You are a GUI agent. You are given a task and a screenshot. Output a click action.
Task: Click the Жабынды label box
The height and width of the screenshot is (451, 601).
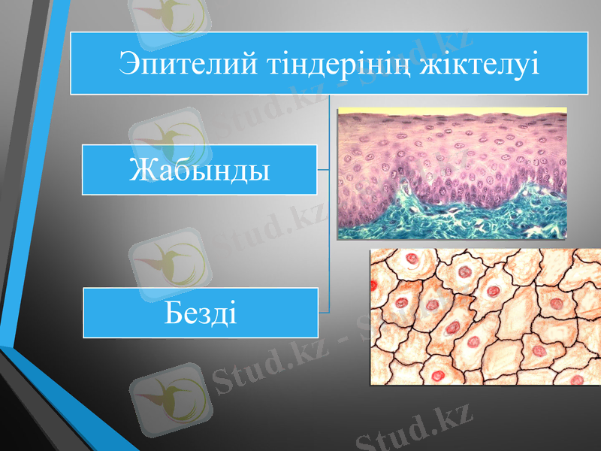click(199, 170)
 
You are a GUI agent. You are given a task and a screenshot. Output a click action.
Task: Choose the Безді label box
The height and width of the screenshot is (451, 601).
click(200, 311)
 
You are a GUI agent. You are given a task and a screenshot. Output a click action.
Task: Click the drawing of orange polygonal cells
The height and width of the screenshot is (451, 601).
click(485, 316)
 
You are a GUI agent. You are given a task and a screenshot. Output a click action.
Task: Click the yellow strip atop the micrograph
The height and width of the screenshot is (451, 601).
click(451, 111)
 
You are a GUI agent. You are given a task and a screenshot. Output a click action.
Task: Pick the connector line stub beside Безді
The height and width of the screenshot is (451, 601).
click(324, 310)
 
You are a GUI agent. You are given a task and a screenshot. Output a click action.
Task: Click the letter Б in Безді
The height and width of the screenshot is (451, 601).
click(172, 310)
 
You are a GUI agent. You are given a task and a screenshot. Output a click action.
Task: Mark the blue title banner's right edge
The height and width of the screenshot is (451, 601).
click(587, 63)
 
